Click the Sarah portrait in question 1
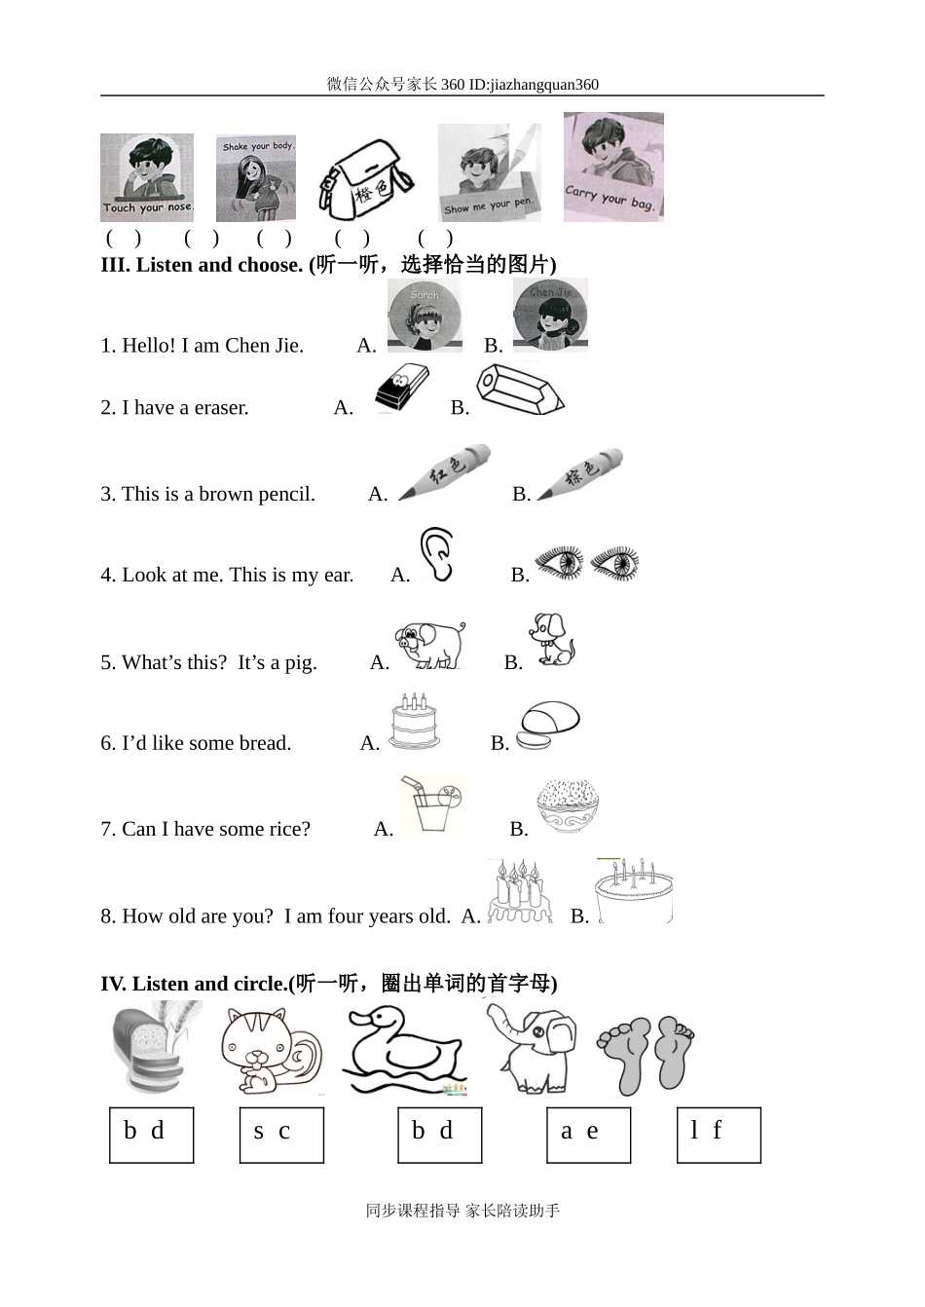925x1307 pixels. [x=425, y=316]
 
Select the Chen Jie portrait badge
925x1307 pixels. [x=550, y=316]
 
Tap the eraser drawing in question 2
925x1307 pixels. [x=402, y=388]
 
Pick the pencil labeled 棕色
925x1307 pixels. [x=579, y=473]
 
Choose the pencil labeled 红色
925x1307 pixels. [x=444, y=472]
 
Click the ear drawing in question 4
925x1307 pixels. [x=437, y=554]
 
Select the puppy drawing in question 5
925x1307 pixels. [x=552, y=640]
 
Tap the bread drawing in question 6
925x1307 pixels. [x=548, y=725]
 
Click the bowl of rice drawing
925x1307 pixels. [x=568, y=806]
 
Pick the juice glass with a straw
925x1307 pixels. [x=432, y=804]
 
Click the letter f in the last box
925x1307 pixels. [x=717, y=1130]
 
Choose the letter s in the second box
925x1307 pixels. [x=259, y=1132]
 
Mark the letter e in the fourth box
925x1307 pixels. [x=593, y=1132]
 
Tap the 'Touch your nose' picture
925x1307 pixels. [x=147, y=177]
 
